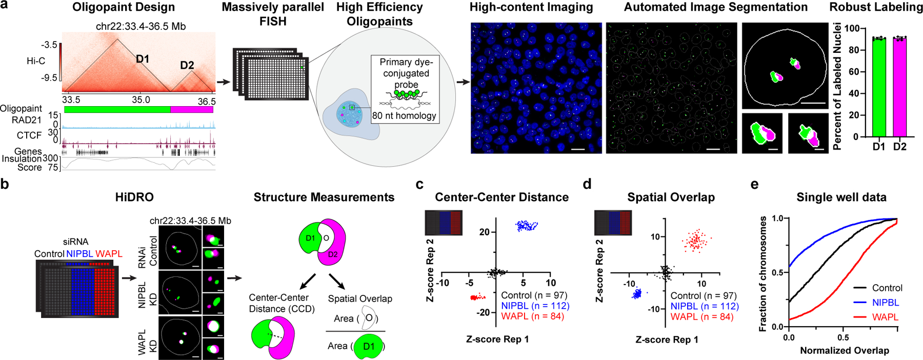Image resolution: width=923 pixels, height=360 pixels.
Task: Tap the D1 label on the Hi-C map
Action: (x=143, y=59)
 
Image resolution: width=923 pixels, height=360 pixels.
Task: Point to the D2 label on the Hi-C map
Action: (x=187, y=65)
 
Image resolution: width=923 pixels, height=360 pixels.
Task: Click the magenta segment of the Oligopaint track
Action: (x=191, y=110)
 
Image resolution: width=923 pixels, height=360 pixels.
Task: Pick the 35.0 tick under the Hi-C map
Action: (x=141, y=100)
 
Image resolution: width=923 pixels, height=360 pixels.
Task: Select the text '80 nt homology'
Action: (x=404, y=116)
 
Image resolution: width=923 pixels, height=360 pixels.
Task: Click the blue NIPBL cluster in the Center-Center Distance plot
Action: (x=527, y=225)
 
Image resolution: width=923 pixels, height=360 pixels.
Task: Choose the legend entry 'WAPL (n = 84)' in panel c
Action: (x=532, y=316)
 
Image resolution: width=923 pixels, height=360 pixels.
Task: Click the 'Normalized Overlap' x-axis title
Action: (x=844, y=351)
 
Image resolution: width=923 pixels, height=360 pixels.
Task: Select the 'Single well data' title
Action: (x=841, y=197)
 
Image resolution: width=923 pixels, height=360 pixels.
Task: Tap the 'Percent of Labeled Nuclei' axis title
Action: (x=837, y=86)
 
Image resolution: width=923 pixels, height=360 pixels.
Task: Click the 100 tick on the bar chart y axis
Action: (x=852, y=29)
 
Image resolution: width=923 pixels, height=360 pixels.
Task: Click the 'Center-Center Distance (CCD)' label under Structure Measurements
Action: (x=278, y=303)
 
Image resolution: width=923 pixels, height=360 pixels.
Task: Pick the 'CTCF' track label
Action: (x=29, y=135)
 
